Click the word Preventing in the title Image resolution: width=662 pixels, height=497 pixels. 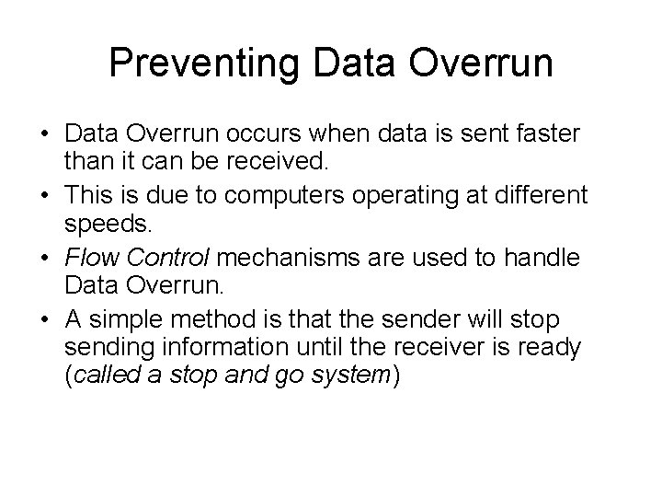tap(207, 63)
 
